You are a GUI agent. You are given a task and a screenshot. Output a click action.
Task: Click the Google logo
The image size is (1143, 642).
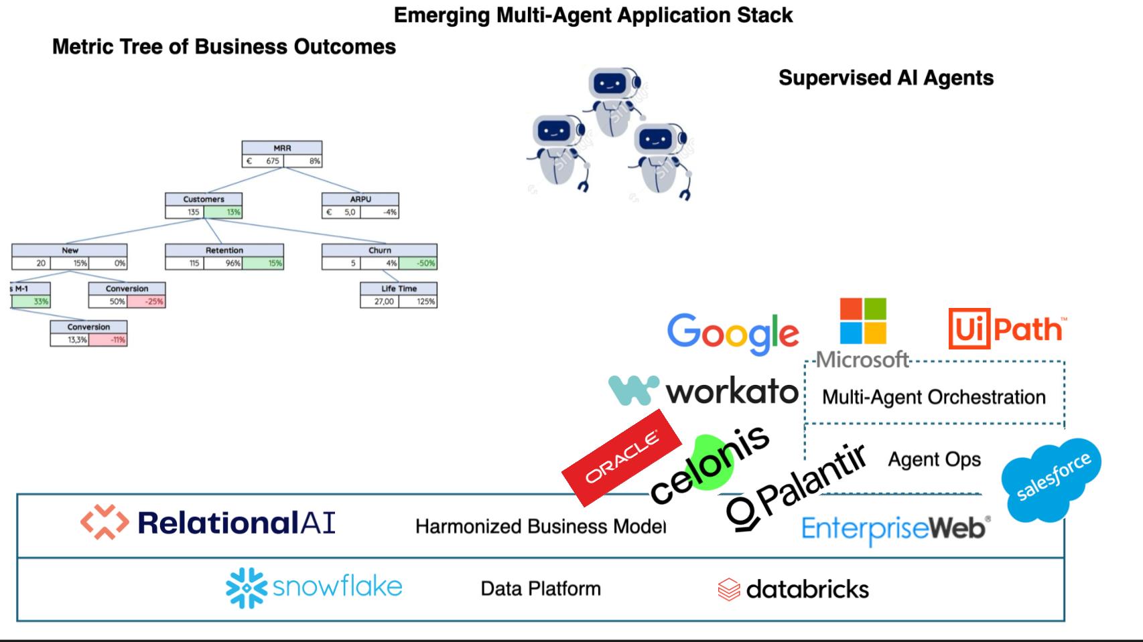point(733,333)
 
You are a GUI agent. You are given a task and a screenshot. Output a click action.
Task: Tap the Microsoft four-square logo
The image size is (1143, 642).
point(863,321)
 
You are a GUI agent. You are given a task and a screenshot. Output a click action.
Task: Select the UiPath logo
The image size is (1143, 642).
point(1006,329)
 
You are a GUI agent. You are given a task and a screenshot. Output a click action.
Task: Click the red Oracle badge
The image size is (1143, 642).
point(622,457)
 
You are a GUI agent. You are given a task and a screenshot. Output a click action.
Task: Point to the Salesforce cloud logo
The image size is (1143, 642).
point(1052,479)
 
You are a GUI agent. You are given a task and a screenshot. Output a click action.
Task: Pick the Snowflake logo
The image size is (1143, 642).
point(314,587)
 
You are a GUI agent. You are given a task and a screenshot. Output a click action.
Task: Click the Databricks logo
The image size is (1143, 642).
point(793,589)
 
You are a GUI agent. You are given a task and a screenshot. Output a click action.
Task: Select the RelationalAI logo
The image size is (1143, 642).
point(208,523)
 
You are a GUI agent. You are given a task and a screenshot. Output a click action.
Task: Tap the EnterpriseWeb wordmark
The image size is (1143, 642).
point(895,529)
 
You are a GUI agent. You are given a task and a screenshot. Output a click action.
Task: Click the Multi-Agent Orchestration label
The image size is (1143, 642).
point(933,397)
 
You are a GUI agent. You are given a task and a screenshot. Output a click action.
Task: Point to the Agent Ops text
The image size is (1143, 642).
point(934,459)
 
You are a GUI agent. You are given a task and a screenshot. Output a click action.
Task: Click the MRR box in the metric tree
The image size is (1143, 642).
point(282,154)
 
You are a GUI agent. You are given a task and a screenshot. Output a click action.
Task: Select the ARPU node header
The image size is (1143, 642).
point(360,199)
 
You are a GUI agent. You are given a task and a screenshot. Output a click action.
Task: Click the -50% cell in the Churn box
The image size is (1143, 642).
point(419,263)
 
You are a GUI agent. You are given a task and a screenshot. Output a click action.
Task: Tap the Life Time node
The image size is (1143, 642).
point(399,295)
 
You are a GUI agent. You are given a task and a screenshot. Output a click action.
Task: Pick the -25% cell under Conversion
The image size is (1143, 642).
point(146,301)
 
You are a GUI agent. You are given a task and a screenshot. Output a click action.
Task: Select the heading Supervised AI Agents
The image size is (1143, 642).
point(885,78)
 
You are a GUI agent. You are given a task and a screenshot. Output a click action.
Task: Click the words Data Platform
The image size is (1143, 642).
point(541,588)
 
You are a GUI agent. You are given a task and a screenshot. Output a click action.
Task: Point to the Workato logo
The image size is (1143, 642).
point(703,390)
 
